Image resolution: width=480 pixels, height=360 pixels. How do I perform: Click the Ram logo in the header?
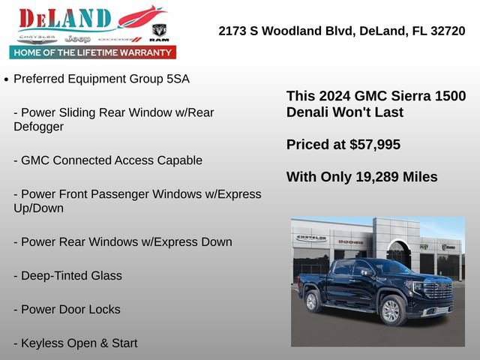[x=159, y=31]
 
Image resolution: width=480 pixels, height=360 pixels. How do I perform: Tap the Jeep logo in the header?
[x=77, y=38]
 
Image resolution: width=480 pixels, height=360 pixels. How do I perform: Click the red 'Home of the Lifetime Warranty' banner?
[x=93, y=52]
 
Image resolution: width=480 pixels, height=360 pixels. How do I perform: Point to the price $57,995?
[x=375, y=144]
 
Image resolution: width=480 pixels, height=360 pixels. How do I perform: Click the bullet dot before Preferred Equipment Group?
[x=6, y=79]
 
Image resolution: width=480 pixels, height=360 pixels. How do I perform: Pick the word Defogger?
[x=38, y=127]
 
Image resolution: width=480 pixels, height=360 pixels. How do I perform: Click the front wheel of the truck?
[x=390, y=310]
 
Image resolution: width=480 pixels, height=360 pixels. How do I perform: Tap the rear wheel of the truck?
[x=313, y=301]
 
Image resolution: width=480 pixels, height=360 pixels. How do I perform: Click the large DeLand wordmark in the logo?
[x=64, y=19]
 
